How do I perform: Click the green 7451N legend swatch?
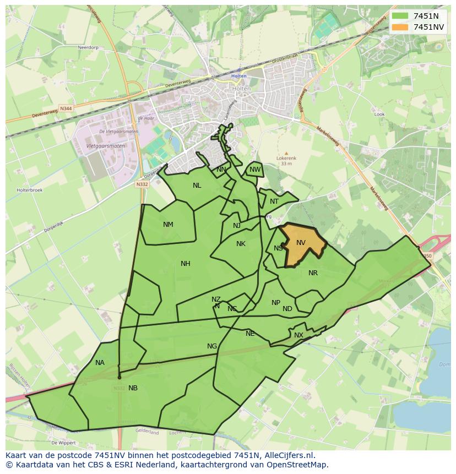click(x=400, y=16)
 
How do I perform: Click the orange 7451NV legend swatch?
click(x=400, y=27)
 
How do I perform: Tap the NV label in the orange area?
click(x=301, y=243)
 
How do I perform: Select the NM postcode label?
click(x=168, y=225)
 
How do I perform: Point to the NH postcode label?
click(x=186, y=264)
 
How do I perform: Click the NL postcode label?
click(x=197, y=186)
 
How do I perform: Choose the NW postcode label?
click(x=254, y=170)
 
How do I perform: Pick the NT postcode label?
click(x=274, y=201)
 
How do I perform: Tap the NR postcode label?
click(x=313, y=273)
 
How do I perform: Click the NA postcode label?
click(x=100, y=363)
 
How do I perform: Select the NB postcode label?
click(x=133, y=388)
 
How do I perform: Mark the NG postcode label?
click(x=212, y=346)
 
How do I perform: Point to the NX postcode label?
click(x=298, y=335)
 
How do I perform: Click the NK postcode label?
click(x=241, y=244)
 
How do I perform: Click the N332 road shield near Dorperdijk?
click(x=143, y=184)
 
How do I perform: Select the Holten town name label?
click(x=242, y=89)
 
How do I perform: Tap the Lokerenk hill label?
click(x=286, y=158)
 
